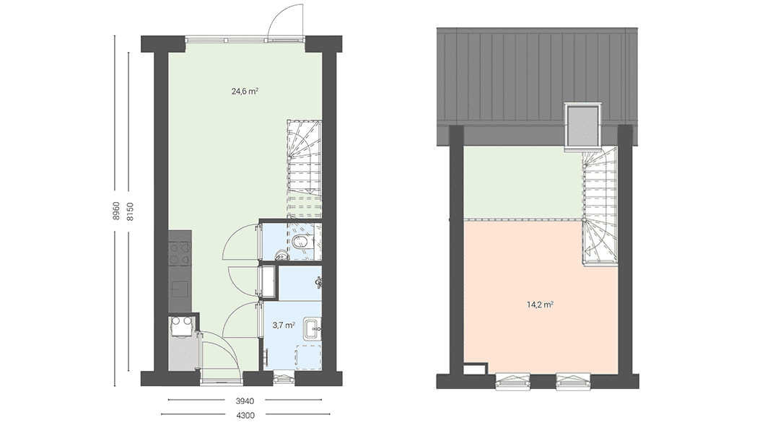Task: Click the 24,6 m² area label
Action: [x=245, y=91]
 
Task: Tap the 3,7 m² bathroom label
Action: [x=284, y=325]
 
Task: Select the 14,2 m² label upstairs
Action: [x=541, y=304]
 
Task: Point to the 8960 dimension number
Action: [x=116, y=211]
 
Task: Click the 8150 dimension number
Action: [x=130, y=211]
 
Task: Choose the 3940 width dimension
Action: [x=245, y=401]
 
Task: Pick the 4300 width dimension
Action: [x=245, y=416]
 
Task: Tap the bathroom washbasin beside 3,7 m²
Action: [x=312, y=328]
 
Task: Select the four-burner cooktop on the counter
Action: [x=180, y=254]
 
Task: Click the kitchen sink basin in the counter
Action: [x=179, y=289]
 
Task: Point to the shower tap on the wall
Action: [x=319, y=281]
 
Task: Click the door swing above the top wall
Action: [x=285, y=20]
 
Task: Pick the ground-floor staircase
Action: [x=305, y=170]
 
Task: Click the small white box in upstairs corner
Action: [x=475, y=368]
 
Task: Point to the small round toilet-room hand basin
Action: [x=281, y=254]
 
